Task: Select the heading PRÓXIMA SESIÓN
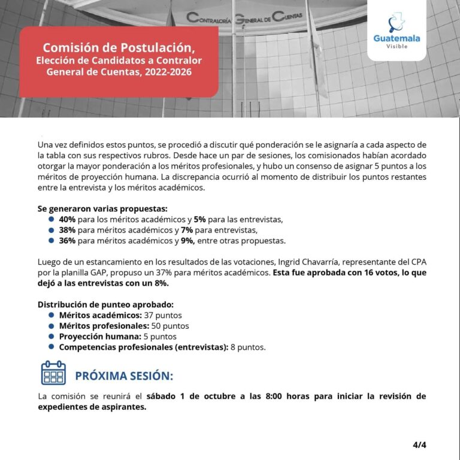pos(123,376)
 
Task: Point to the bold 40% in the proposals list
pos(67,219)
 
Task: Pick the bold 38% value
pos(67,230)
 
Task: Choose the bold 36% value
pos(67,241)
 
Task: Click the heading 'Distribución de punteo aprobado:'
pos(105,304)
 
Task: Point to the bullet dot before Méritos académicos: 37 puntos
pos(52,315)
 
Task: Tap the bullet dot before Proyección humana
pos(52,337)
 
